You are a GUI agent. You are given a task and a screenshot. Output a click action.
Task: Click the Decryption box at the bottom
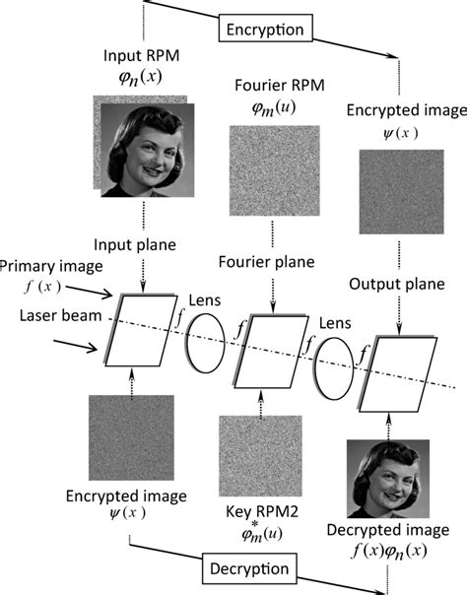248,568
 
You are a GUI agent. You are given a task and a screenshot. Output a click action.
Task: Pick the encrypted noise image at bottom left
131,436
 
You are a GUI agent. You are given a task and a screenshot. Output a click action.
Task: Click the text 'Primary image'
45,268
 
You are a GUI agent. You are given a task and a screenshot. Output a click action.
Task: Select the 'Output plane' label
399,285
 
